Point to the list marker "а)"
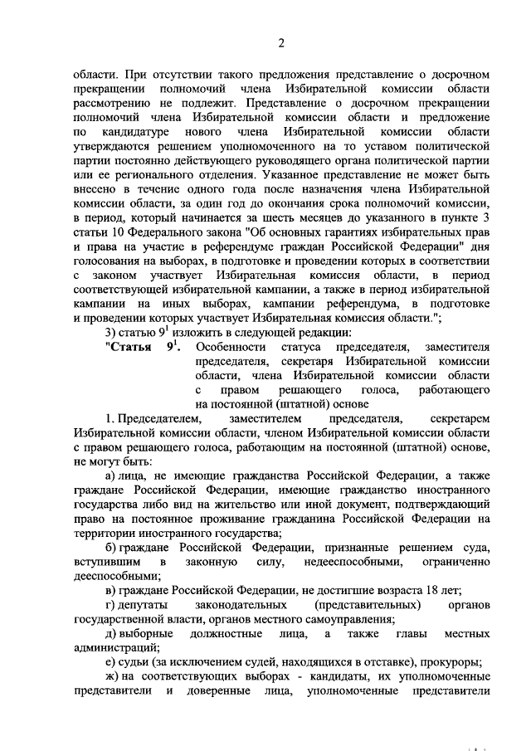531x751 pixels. coord(111,479)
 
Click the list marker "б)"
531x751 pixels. coord(111,552)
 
